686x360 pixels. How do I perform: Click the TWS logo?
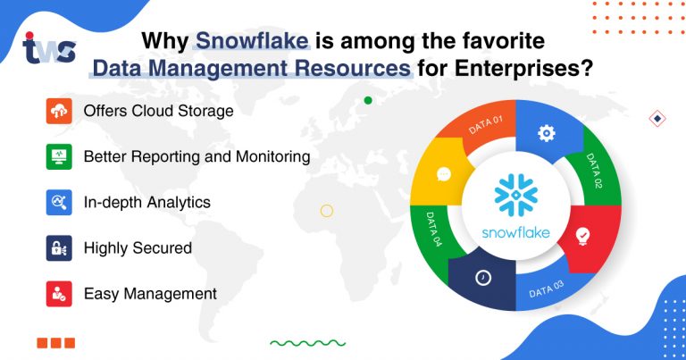click(49, 48)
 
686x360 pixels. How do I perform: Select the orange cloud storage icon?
click(59, 112)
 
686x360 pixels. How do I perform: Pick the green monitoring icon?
click(59, 156)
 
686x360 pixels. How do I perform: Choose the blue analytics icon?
click(59, 202)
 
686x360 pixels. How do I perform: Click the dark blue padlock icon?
click(59, 247)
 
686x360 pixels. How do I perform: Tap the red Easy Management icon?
click(59, 293)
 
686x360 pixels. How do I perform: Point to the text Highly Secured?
click(138, 247)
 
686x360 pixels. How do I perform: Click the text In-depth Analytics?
click(147, 202)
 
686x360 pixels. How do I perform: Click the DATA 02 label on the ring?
click(595, 172)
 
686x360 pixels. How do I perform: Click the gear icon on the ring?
click(546, 133)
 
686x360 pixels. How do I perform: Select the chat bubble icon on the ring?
click(444, 175)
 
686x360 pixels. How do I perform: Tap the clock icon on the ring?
click(483, 278)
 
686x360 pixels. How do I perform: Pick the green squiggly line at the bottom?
click(307, 342)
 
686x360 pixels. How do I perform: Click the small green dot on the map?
click(368, 100)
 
